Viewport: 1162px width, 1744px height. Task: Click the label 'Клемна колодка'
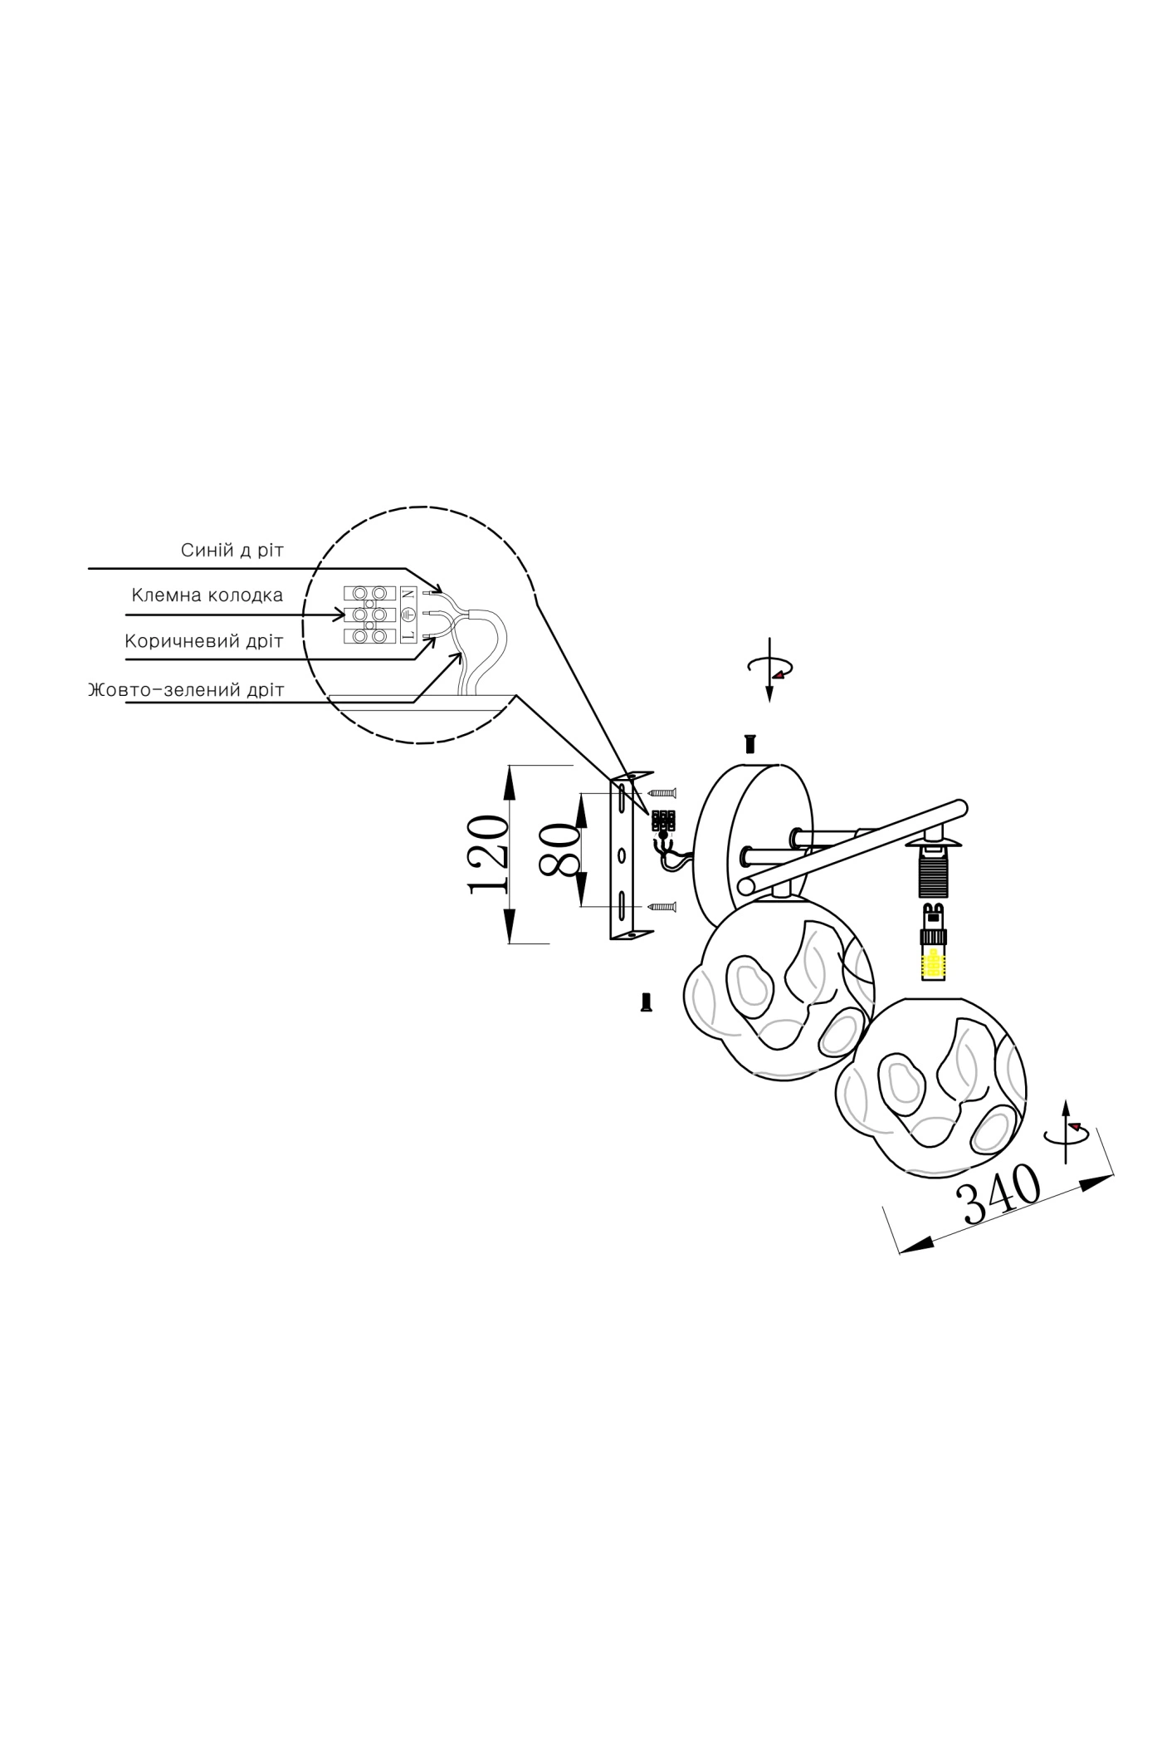pos(207,595)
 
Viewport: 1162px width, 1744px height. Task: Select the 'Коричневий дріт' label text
pos(203,641)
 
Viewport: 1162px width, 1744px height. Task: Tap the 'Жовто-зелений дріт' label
pos(186,690)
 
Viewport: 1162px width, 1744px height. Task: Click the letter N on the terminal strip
pos(408,594)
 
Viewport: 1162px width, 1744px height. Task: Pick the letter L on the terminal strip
pos(408,636)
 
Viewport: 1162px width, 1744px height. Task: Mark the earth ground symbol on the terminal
pos(408,615)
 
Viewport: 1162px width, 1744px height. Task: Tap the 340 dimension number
pos(998,1196)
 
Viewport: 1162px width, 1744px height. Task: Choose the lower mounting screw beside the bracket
pos(663,906)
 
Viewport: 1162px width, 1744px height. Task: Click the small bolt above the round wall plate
pos(751,743)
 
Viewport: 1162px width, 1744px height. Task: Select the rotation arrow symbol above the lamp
pos(771,668)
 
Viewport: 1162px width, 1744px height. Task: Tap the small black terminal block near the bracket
pos(663,820)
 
